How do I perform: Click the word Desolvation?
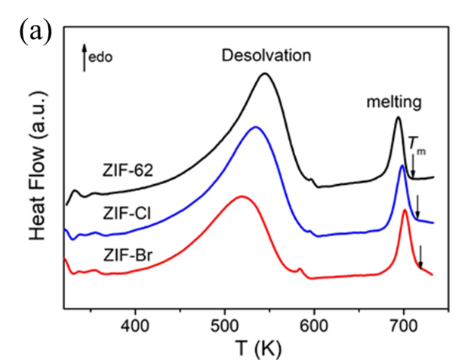266,57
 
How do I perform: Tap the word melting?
393,101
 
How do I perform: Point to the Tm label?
416,143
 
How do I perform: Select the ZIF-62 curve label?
129,171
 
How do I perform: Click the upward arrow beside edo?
84,57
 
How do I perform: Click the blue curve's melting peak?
402,165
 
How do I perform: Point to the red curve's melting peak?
405,210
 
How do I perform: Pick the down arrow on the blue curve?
417,205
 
